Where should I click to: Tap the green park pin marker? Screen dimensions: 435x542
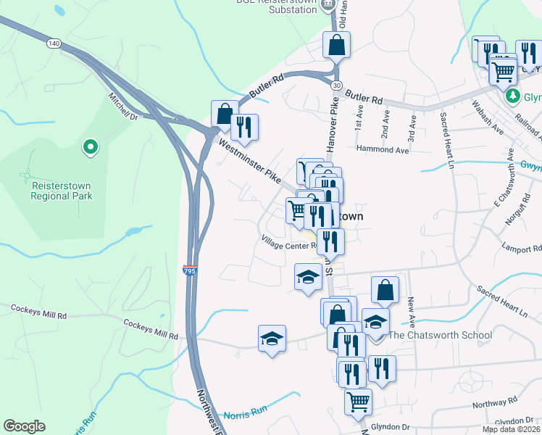pos(91,147)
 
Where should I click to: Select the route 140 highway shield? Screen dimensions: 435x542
pos(54,43)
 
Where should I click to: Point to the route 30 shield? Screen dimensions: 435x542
pos(336,86)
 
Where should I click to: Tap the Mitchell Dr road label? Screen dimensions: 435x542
pos(122,106)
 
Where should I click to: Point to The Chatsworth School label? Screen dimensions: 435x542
pos(440,335)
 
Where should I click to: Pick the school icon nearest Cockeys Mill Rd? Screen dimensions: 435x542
pos(272,338)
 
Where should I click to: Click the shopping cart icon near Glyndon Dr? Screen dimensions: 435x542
pos(358,401)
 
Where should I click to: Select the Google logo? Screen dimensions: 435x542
pos(24,426)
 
